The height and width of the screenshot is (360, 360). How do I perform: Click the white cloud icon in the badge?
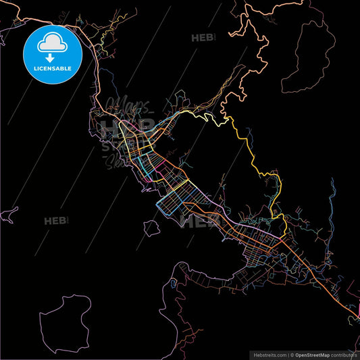pyautogui.click(x=51, y=43)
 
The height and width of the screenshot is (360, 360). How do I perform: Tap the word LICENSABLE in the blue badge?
pyautogui.click(x=51, y=69)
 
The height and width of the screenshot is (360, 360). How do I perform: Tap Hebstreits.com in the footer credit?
pyautogui.click(x=269, y=354)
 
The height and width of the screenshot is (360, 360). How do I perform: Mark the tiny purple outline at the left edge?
pyautogui.click(x=8, y=216)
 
